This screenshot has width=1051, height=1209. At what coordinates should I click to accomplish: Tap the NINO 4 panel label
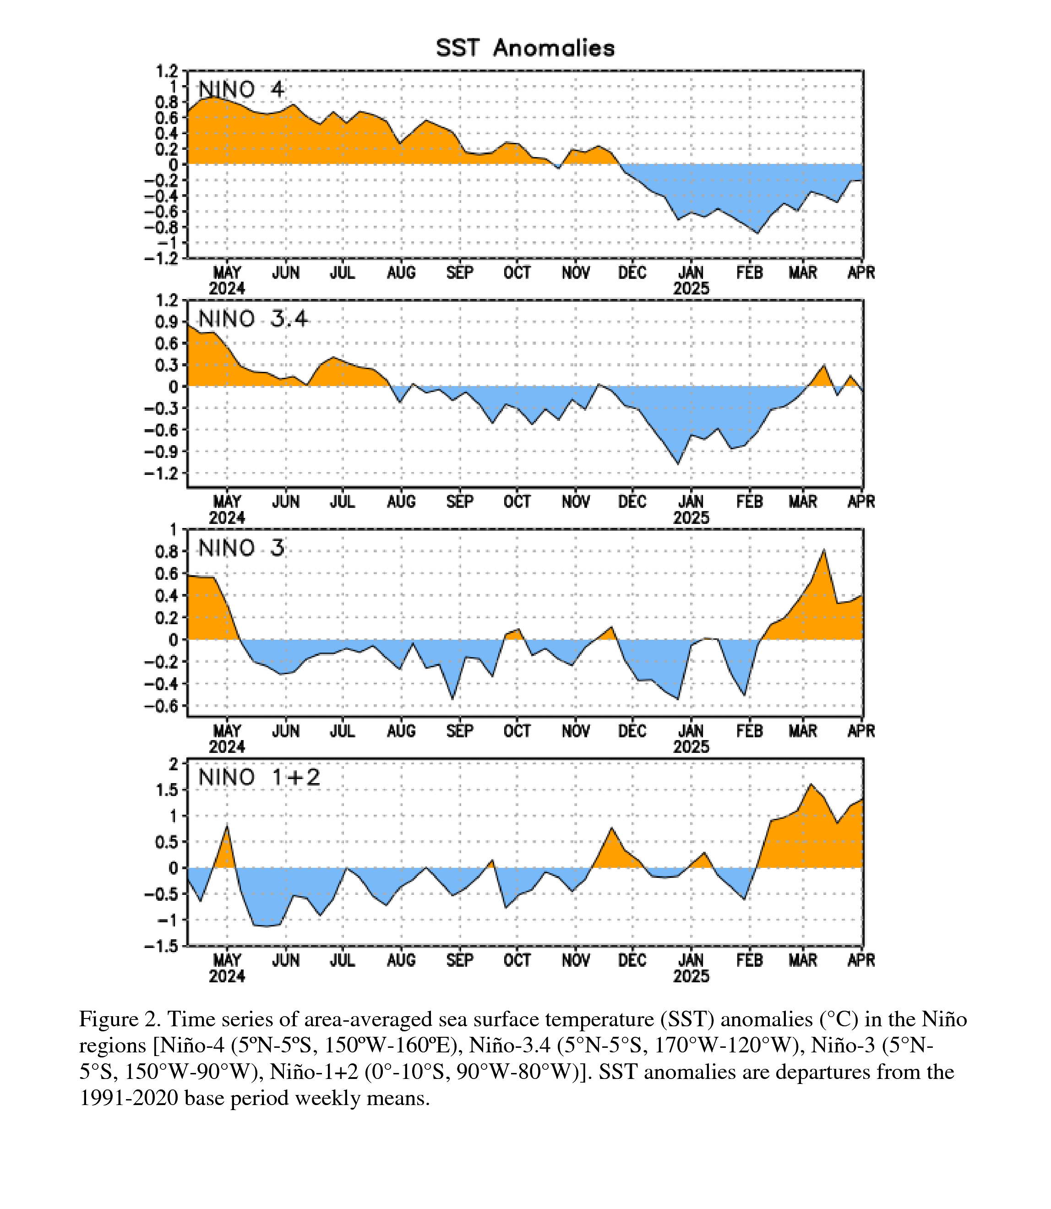pos(241,90)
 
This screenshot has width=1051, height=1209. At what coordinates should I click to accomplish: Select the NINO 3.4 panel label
pos(253,319)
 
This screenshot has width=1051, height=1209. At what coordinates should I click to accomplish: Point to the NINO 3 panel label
pos(241,549)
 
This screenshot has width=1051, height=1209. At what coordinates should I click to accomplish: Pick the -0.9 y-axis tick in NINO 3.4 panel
pos(161,452)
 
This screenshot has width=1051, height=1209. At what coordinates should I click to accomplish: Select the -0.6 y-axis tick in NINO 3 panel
pos(161,706)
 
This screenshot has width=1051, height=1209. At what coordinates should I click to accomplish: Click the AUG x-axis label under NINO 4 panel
pos(401,273)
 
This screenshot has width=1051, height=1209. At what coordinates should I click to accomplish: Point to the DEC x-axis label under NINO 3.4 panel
pos(632,502)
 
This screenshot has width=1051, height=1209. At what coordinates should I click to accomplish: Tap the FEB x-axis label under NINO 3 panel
pos(750,731)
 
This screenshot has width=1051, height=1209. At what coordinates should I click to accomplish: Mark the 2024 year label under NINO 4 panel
pos(227,289)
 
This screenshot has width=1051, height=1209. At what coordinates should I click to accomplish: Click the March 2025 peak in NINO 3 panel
pos(824,550)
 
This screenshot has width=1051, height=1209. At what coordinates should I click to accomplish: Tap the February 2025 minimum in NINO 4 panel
pos(757,234)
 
